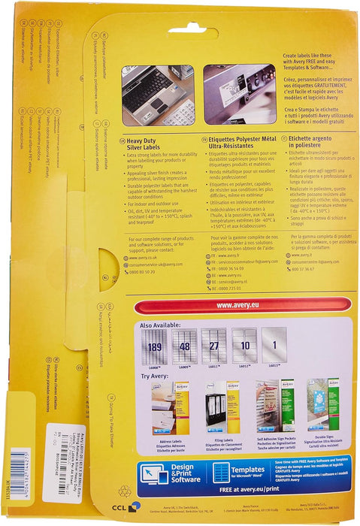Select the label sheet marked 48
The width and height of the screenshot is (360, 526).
pos(184,346)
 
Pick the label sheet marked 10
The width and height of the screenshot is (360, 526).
pos(245,346)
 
